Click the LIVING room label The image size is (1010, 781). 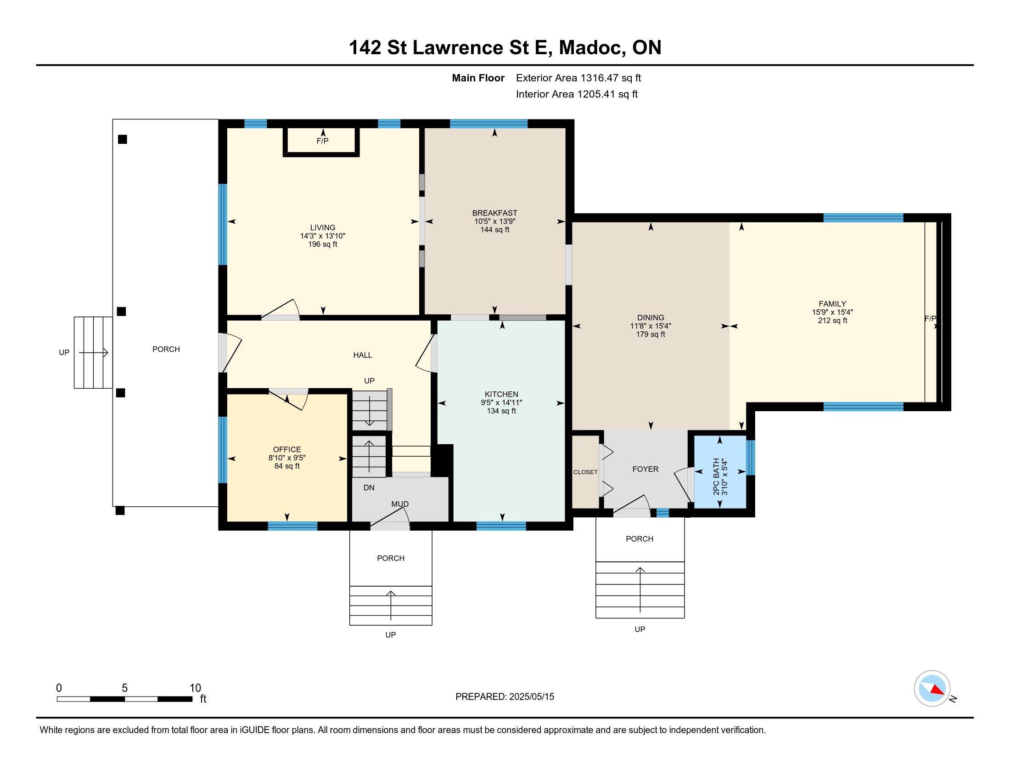323,227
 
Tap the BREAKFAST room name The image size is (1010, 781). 494,213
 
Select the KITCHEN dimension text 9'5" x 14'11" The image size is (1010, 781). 501,402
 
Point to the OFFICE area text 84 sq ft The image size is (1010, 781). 287,466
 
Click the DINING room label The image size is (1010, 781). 650,318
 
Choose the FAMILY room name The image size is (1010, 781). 832,304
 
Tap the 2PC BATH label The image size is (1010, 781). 716,476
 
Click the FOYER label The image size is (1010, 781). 645,469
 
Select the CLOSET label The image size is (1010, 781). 585,472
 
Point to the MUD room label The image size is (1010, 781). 400,504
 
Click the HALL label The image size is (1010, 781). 363,355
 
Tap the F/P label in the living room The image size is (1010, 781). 323,141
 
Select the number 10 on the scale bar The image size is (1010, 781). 195,688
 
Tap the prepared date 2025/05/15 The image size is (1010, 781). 531,697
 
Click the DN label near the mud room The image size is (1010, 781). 369,487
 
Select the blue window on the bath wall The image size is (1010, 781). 751,458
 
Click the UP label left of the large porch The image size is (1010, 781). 64,352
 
